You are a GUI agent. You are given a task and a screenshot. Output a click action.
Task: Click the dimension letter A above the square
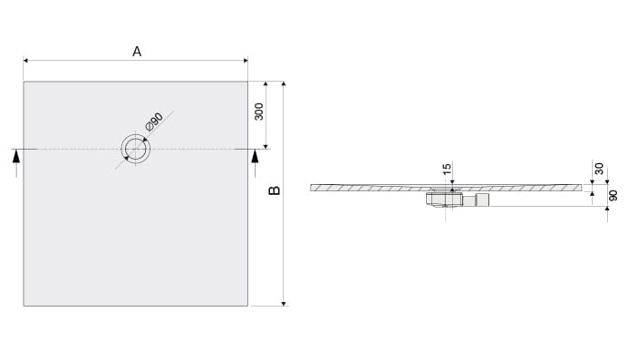pos(137,52)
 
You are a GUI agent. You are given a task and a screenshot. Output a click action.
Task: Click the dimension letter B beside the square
pos(275,190)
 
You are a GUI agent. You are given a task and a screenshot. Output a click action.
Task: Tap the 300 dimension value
pos(259,112)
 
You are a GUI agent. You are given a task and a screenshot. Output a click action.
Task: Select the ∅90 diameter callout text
pos(155,122)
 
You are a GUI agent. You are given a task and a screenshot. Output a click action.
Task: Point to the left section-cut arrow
pos(16,163)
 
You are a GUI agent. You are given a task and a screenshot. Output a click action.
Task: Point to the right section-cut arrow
pos(255,163)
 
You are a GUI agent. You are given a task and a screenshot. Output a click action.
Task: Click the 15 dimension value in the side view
pos(448,168)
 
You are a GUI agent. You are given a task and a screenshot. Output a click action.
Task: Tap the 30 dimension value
pos(599,169)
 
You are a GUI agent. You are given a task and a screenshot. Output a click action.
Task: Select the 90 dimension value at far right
pos(613,196)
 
